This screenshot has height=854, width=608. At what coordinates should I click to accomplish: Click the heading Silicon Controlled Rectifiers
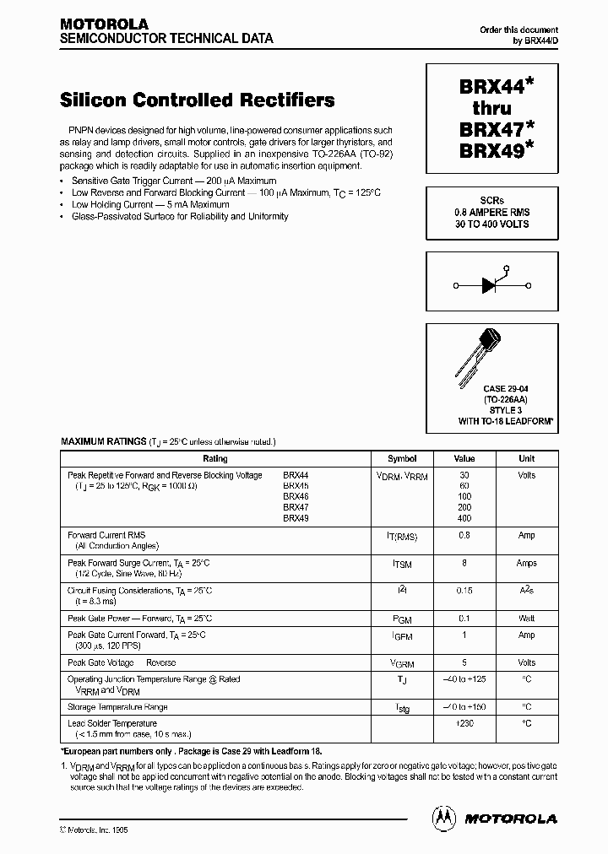[197, 100]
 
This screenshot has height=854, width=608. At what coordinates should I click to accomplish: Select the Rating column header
[215, 459]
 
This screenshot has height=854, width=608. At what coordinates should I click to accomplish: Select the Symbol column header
[402, 459]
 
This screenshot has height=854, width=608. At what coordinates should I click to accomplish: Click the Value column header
[464, 459]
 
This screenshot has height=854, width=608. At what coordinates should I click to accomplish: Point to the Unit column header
[527, 459]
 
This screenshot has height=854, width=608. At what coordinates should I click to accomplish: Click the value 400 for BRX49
[464, 518]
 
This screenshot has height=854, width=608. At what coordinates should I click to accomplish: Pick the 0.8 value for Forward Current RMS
[464, 535]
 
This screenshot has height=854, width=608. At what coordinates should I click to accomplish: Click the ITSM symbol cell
[402, 564]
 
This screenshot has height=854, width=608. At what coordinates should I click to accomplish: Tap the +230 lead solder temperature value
[464, 723]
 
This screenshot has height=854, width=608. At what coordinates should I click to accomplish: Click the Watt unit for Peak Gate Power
[527, 619]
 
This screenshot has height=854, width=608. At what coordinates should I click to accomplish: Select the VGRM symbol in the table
[402, 664]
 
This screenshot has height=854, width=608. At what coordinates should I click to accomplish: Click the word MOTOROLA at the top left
[104, 24]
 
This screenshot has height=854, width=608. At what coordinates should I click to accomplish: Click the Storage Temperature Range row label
[117, 706]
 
